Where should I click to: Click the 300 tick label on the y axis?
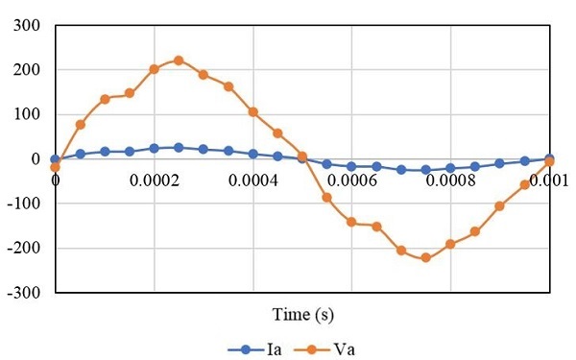26,26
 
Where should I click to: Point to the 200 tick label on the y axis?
26,70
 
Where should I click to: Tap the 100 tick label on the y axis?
26,114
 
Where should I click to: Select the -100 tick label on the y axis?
23,204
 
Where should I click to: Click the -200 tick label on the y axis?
23,248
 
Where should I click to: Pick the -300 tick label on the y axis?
23,292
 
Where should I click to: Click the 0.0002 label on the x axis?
154,179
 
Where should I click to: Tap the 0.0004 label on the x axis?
252,179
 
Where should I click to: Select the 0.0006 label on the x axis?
351,179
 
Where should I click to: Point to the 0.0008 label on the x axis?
450,179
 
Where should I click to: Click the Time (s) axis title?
301,315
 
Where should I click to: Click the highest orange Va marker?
179,60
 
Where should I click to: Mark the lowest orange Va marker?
425,257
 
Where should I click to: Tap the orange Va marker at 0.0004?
252,111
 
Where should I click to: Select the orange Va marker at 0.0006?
351,222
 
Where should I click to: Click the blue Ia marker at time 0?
55,159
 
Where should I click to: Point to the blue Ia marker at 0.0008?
450,168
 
